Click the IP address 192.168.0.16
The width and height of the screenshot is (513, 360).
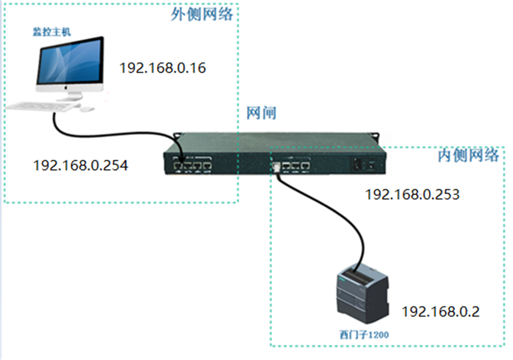click(x=162, y=68)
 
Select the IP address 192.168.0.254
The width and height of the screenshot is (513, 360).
click(x=80, y=165)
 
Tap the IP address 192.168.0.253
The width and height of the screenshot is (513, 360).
click(x=412, y=195)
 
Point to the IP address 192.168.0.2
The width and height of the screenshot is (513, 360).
click(x=440, y=311)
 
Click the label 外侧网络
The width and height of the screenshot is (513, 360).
click(x=202, y=15)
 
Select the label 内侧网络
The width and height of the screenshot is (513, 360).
click(x=469, y=156)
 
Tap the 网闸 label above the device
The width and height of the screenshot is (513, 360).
click(x=261, y=113)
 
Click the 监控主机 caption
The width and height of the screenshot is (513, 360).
click(x=52, y=32)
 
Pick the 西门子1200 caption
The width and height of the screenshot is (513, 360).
click(x=364, y=335)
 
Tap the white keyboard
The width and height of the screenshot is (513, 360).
click(x=43, y=106)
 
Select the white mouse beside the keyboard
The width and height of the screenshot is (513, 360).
click(x=87, y=109)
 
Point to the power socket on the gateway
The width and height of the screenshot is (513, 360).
click(x=357, y=164)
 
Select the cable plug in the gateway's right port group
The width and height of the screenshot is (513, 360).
click(x=276, y=167)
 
